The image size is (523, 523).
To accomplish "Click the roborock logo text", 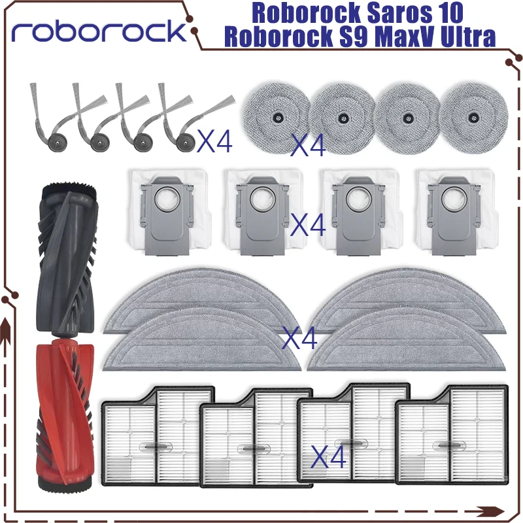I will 98,31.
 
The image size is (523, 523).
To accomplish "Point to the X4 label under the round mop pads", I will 308,145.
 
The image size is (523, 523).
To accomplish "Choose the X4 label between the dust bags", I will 308,226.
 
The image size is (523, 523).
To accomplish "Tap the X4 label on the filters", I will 329,456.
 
